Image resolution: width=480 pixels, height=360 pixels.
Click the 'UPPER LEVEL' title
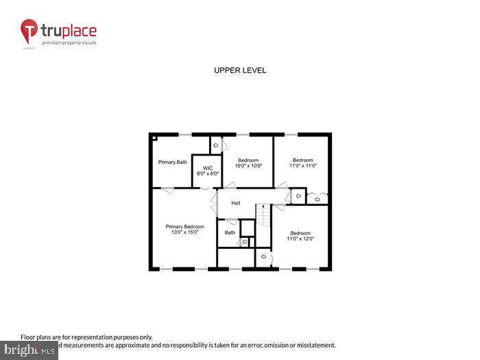click(x=240, y=71)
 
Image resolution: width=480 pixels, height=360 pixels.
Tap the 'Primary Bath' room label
click(x=172, y=163)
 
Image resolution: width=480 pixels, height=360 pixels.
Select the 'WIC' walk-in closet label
click(x=206, y=167)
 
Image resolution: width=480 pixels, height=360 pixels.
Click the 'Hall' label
click(x=235, y=203)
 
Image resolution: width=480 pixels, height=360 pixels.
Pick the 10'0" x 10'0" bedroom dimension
click(x=248, y=165)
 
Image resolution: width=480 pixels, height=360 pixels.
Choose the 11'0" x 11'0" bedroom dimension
click(x=302, y=165)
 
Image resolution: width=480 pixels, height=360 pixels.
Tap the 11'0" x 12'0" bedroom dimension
click(x=300, y=239)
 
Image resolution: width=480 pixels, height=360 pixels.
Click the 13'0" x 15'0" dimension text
click(x=184, y=232)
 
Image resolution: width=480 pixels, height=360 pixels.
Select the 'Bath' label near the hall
click(x=230, y=232)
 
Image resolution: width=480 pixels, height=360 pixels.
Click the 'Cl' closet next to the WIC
click(x=216, y=145)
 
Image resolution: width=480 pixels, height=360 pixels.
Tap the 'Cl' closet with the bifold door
click(x=317, y=200)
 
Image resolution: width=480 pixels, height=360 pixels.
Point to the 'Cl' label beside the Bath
click(x=244, y=241)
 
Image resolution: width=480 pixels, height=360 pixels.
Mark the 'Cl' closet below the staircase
click(x=263, y=256)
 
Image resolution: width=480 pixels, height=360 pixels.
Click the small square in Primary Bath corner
click(x=155, y=138)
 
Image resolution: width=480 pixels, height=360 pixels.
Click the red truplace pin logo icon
click(x=29, y=32)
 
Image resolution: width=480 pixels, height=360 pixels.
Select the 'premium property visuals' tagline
click(x=69, y=43)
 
